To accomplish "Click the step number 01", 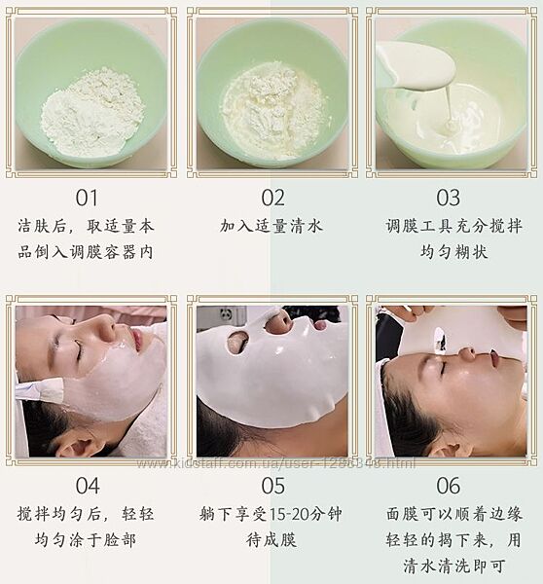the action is (87, 198).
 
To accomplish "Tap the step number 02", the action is (273, 198).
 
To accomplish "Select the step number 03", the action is (448, 198).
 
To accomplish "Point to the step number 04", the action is (88, 486).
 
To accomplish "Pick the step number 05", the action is (273, 486).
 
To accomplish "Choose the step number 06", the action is (449, 486).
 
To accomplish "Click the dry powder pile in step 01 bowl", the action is (91, 111).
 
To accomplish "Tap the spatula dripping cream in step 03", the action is (416, 68).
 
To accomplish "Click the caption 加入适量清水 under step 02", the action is (271, 226).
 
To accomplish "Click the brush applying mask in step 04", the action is (41, 389).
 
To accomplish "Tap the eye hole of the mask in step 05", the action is (236, 342).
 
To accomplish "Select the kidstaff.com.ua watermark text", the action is (276, 463).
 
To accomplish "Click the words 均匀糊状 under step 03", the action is (453, 252).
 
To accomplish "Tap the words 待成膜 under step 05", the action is (271, 540).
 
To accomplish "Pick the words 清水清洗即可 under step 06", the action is (453, 566).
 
